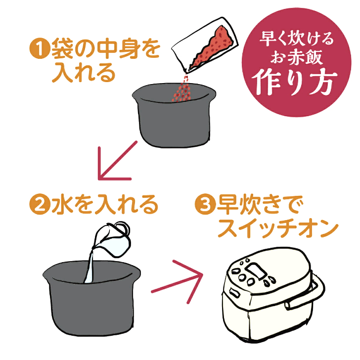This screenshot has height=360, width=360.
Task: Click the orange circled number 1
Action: point(40,48)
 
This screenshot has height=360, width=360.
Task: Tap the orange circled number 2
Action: point(40,204)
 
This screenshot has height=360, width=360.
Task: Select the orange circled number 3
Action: point(205,204)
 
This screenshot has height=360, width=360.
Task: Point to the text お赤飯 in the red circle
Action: point(296,57)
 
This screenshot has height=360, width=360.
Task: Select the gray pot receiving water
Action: point(92,299)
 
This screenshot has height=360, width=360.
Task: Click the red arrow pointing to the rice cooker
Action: point(177,282)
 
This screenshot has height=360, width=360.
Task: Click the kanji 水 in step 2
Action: point(61,204)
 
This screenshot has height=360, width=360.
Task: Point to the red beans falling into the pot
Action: point(182,89)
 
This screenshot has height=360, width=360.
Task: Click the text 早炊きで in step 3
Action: point(260,204)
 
